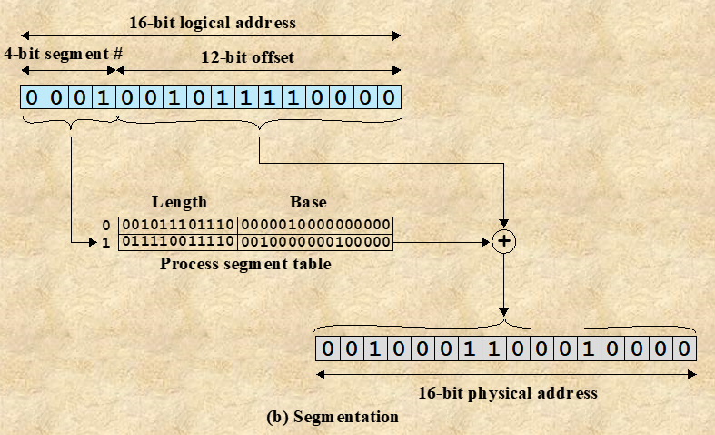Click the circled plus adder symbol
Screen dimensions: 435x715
click(502, 242)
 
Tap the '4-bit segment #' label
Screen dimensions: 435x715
click(63, 54)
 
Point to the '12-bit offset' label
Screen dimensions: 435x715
click(247, 57)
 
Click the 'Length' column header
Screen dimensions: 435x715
click(179, 202)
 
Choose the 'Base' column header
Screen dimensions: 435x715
click(308, 202)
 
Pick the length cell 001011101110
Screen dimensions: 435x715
click(178, 225)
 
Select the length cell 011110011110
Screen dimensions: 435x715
click(178, 242)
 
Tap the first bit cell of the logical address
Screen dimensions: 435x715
click(33, 97)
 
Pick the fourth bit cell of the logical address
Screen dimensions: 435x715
click(104, 97)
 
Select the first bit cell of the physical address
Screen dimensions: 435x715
click(328, 349)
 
